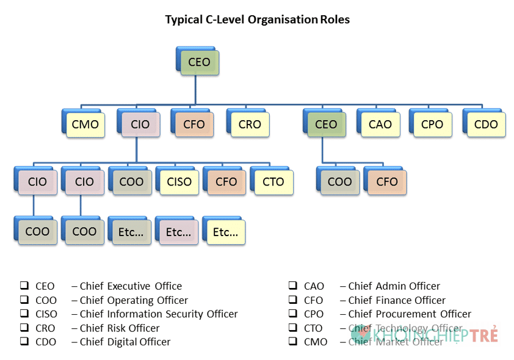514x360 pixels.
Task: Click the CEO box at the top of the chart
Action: click(199, 62)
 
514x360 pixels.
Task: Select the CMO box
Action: click(85, 124)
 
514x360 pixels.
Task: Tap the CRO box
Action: click(250, 124)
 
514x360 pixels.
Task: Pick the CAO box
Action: click(380, 124)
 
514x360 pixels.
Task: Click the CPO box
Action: click(432, 124)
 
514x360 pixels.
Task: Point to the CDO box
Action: click(486, 124)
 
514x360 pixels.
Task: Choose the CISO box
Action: click(179, 182)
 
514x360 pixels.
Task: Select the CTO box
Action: click(273, 182)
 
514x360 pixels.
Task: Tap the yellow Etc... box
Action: click(226, 232)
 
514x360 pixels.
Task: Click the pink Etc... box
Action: click(179, 232)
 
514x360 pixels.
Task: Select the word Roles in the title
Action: click(335, 20)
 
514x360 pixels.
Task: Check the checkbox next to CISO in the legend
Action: click(24, 314)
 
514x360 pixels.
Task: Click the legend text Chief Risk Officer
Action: click(120, 328)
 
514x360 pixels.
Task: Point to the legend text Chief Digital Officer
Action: click(125, 342)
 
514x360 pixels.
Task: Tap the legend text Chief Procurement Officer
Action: click(410, 314)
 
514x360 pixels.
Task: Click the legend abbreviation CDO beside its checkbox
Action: click(46, 342)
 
